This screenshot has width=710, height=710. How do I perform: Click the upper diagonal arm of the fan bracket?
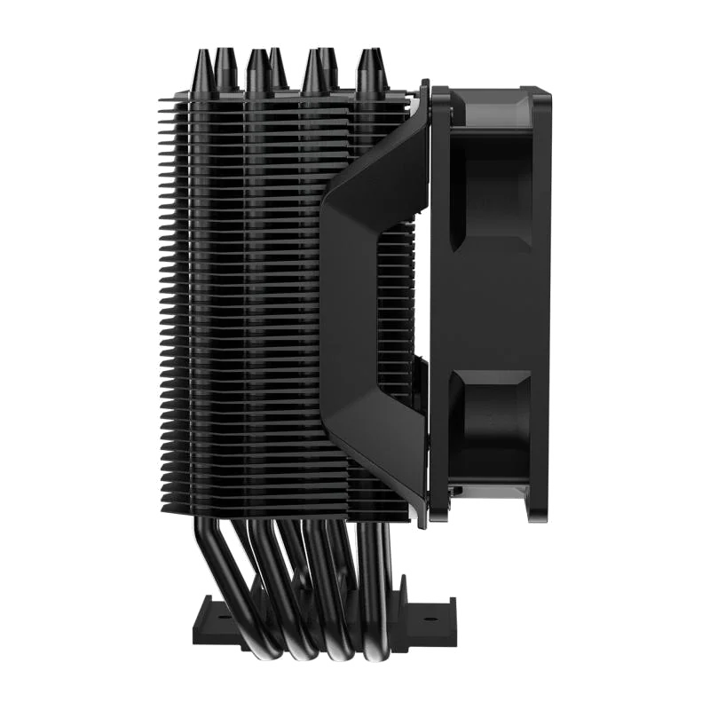(x=373, y=151)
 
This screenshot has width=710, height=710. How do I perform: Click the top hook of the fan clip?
(x=424, y=89)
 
